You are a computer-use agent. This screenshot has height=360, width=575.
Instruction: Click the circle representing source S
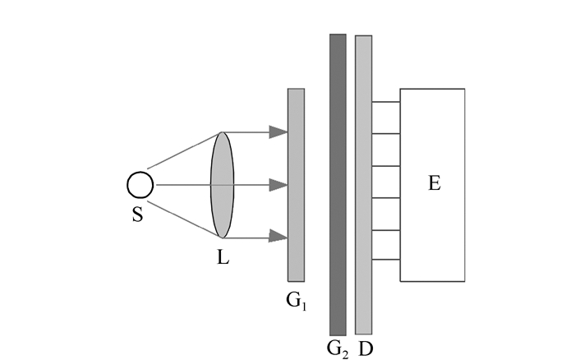click(x=140, y=185)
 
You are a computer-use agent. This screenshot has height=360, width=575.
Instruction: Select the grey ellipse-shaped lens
click(x=223, y=185)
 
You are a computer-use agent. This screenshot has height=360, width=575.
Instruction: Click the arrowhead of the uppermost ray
click(x=278, y=132)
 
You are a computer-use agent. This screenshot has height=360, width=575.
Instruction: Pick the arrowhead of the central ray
click(x=278, y=185)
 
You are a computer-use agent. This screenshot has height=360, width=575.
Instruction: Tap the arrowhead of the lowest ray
click(x=278, y=238)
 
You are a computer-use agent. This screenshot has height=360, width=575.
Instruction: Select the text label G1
click(x=297, y=302)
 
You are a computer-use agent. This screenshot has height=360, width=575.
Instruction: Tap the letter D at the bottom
click(x=366, y=347)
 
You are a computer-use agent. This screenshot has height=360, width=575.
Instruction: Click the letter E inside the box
click(x=435, y=183)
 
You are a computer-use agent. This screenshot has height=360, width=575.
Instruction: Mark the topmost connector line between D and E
click(x=386, y=102)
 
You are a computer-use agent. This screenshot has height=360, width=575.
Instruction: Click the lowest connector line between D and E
click(x=386, y=261)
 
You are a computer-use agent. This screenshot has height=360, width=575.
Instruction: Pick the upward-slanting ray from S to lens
click(x=185, y=150)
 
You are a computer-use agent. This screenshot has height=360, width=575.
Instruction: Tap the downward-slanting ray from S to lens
click(x=185, y=219)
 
